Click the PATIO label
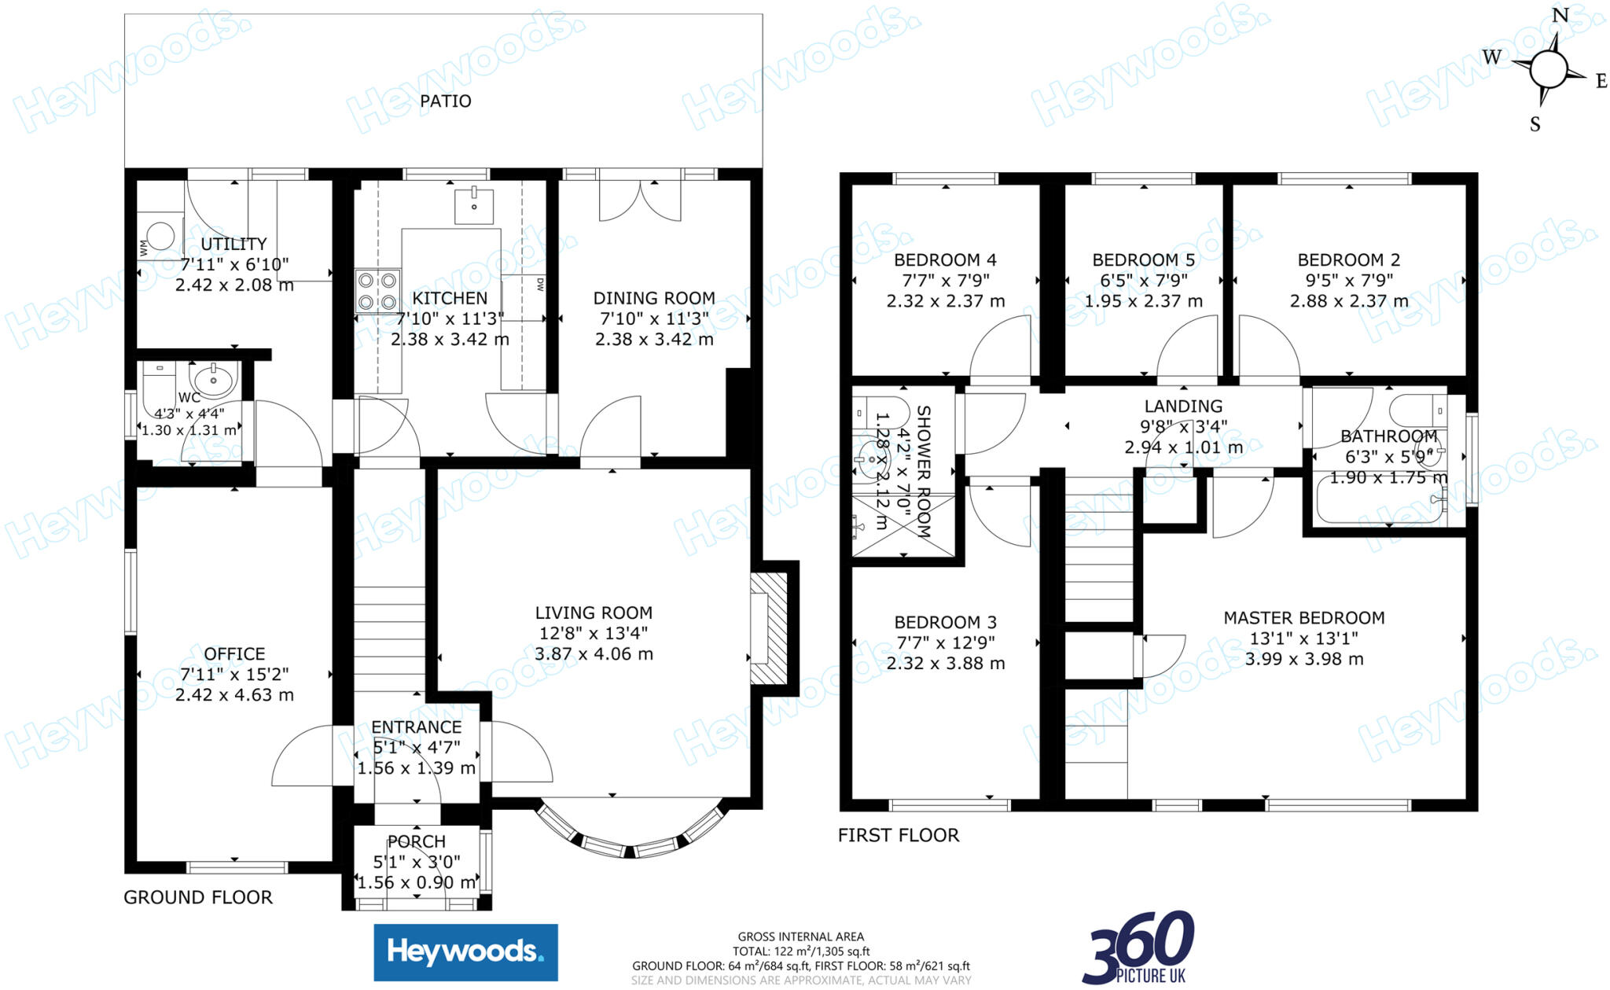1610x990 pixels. [x=445, y=101]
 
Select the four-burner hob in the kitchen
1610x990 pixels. [x=377, y=291]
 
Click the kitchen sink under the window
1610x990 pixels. [x=474, y=206]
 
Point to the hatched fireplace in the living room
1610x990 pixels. [x=769, y=628]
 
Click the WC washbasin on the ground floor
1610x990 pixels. [x=213, y=381]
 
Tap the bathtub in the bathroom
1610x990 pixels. [x=1381, y=500]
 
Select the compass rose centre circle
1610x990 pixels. [x=1548, y=70]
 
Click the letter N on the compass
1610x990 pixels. [x=1560, y=15]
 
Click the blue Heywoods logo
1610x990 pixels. [x=465, y=952]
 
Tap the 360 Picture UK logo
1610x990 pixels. [x=1138, y=948]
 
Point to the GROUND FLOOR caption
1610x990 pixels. [x=198, y=897]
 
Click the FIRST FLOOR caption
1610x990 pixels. [x=899, y=835]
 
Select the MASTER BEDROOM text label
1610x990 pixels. [x=1304, y=618]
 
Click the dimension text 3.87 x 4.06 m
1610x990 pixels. [x=594, y=653]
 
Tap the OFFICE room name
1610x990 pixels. [x=234, y=654]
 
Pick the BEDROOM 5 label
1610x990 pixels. [x=1144, y=259]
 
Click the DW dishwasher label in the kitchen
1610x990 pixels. [x=540, y=284]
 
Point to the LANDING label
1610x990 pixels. [x=1183, y=407]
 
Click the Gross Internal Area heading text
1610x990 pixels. [x=800, y=937]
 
